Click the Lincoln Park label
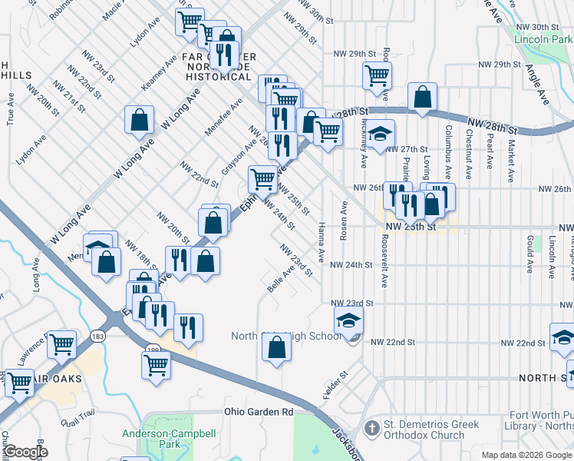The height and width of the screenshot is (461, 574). tap(543, 38)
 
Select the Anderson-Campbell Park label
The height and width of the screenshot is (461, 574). tap(158, 439)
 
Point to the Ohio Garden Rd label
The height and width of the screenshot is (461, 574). tap(259, 412)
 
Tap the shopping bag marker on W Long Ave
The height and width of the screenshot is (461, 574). tap(139, 121)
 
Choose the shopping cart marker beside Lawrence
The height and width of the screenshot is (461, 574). tap(61, 345)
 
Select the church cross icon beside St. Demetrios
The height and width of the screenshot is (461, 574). tap(371, 427)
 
